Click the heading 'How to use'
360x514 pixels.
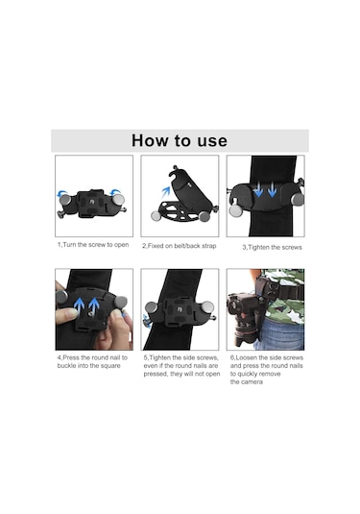click(x=180, y=140)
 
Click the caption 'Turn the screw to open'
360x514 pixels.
click(x=96, y=245)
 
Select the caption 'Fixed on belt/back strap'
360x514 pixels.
click(x=181, y=246)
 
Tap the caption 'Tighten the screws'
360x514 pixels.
click(x=275, y=247)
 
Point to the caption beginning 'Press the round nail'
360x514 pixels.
click(x=92, y=361)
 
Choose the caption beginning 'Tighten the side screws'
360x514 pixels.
click(x=181, y=365)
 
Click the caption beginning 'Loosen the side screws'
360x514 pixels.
click(x=267, y=370)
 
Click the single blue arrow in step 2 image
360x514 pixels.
click(x=166, y=192)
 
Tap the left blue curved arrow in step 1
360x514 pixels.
click(x=61, y=193)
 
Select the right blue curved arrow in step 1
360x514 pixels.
click(x=115, y=192)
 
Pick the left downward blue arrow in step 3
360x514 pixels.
click(x=258, y=190)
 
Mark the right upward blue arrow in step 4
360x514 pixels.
click(x=94, y=305)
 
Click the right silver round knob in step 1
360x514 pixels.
click(x=118, y=200)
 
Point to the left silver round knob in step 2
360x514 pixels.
click(x=156, y=216)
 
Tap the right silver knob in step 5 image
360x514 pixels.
click(x=207, y=307)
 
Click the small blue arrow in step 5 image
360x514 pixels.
click(x=147, y=321)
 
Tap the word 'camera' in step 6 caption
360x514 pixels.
click(x=252, y=381)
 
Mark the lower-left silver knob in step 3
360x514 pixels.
click(x=235, y=210)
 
